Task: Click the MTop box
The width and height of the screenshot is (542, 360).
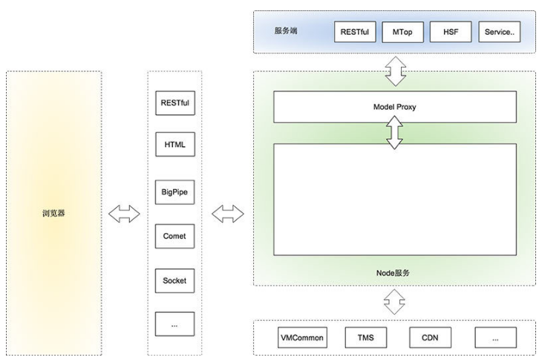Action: pyautogui.click(x=402, y=32)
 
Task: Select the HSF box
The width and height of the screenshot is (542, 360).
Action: pyautogui.click(x=451, y=32)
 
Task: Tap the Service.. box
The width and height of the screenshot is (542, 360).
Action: pyautogui.click(x=500, y=32)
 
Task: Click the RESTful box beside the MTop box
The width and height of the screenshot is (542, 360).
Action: pyautogui.click(x=355, y=32)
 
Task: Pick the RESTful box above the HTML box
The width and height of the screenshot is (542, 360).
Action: pyautogui.click(x=175, y=103)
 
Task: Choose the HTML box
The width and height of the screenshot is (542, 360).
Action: pyautogui.click(x=175, y=145)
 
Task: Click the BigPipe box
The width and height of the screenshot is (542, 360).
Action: pyautogui.click(x=175, y=192)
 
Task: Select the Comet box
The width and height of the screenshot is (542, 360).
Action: pyautogui.click(x=175, y=236)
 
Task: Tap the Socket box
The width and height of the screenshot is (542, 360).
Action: pyautogui.click(x=175, y=281)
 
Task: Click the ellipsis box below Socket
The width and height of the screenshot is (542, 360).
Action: pyautogui.click(x=175, y=324)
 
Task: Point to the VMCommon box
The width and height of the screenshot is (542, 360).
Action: pyautogui.click(x=302, y=338)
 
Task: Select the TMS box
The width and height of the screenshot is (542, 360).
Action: pyautogui.click(x=366, y=338)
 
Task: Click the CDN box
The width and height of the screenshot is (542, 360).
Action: pyautogui.click(x=431, y=338)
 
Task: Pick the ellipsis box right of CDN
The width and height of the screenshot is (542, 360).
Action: pyautogui.click(x=496, y=338)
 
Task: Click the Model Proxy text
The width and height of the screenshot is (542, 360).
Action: pyautogui.click(x=395, y=107)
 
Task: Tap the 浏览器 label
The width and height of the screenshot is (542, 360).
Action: pyautogui.click(x=53, y=213)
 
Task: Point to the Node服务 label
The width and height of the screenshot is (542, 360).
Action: pyautogui.click(x=393, y=273)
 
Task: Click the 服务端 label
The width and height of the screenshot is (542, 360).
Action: pyautogui.click(x=286, y=30)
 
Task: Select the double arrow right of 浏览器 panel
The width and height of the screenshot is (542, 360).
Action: pyautogui.click(x=124, y=214)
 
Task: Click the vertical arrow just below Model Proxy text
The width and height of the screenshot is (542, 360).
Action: pyautogui.click(x=394, y=132)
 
